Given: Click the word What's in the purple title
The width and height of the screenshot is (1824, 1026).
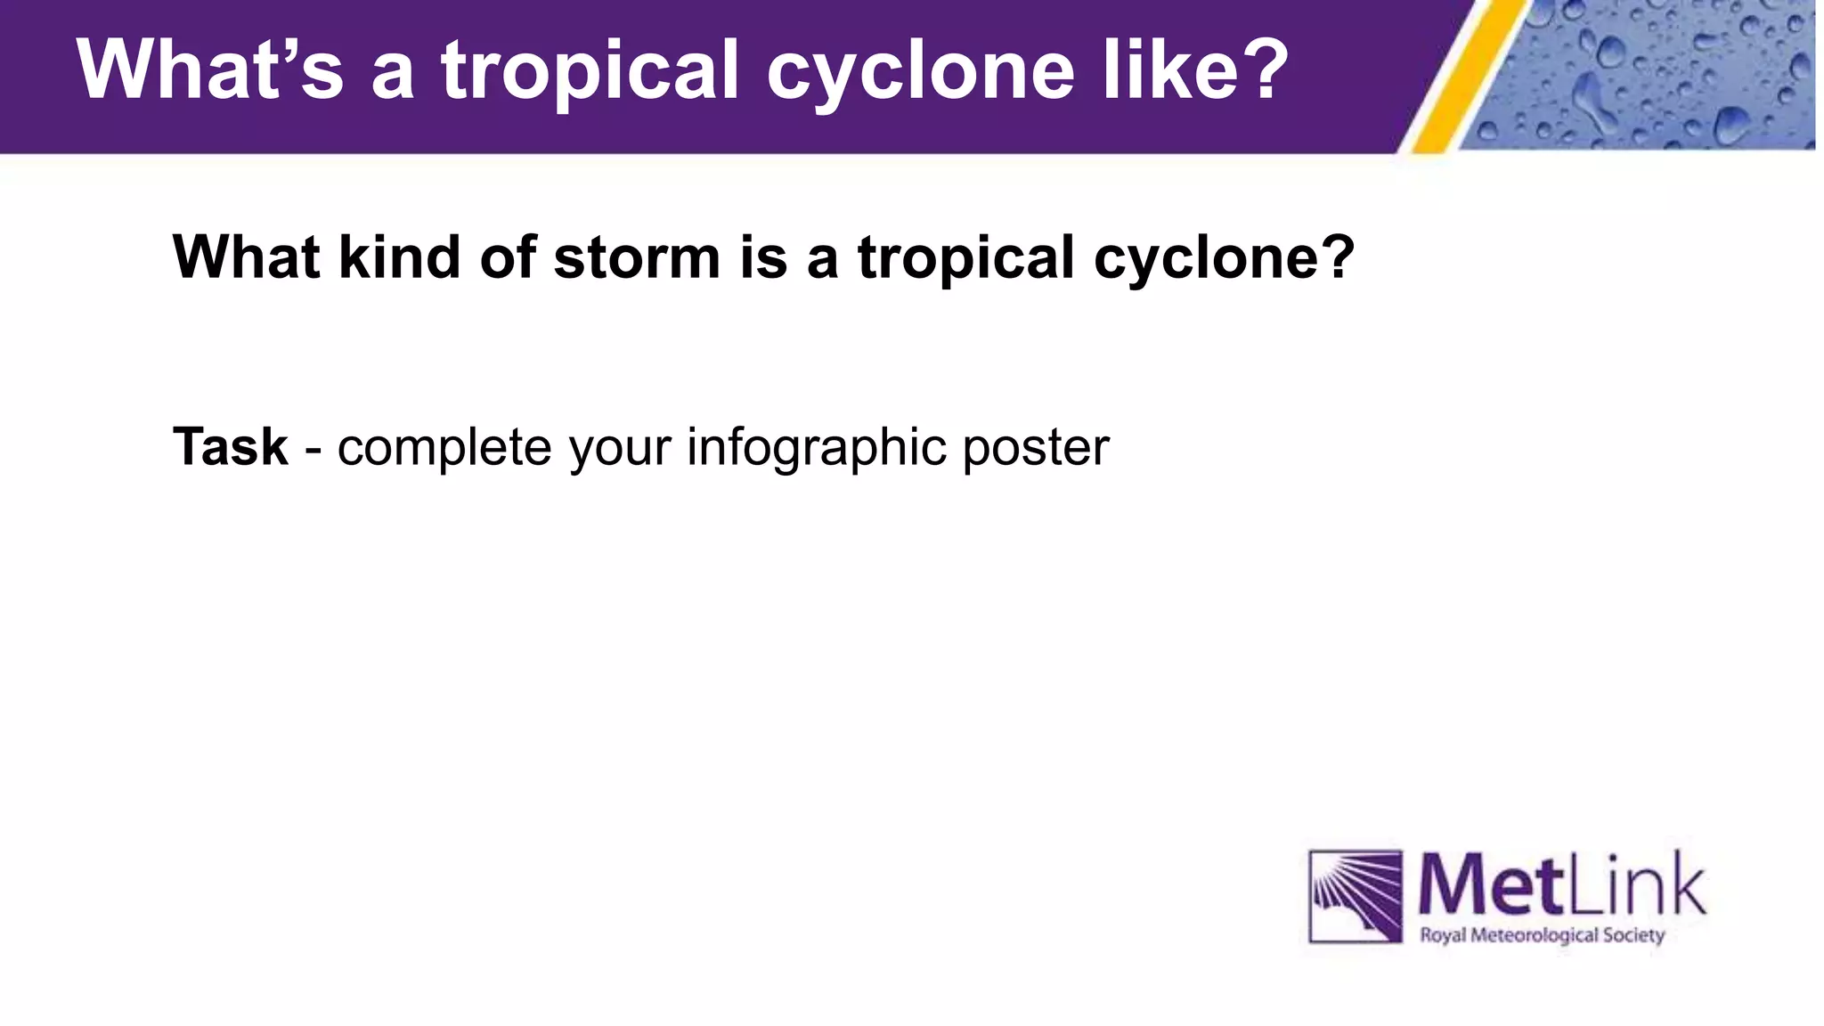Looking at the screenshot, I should (210, 69).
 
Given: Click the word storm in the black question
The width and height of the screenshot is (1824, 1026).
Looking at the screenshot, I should (636, 257).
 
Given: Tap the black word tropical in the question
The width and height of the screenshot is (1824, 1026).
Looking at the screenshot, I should (965, 257).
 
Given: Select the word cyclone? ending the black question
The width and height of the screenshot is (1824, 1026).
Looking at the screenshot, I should (1224, 259).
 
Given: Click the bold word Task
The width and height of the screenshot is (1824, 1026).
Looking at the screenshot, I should (230, 446).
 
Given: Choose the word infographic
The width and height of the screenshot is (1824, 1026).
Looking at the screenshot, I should (816, 448).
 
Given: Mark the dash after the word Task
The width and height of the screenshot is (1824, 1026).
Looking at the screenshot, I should (313, 448).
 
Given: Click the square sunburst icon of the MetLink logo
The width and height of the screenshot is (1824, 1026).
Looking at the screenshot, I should (1355, 896).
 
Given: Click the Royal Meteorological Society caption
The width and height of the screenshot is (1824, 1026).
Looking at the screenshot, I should (1542, 936).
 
